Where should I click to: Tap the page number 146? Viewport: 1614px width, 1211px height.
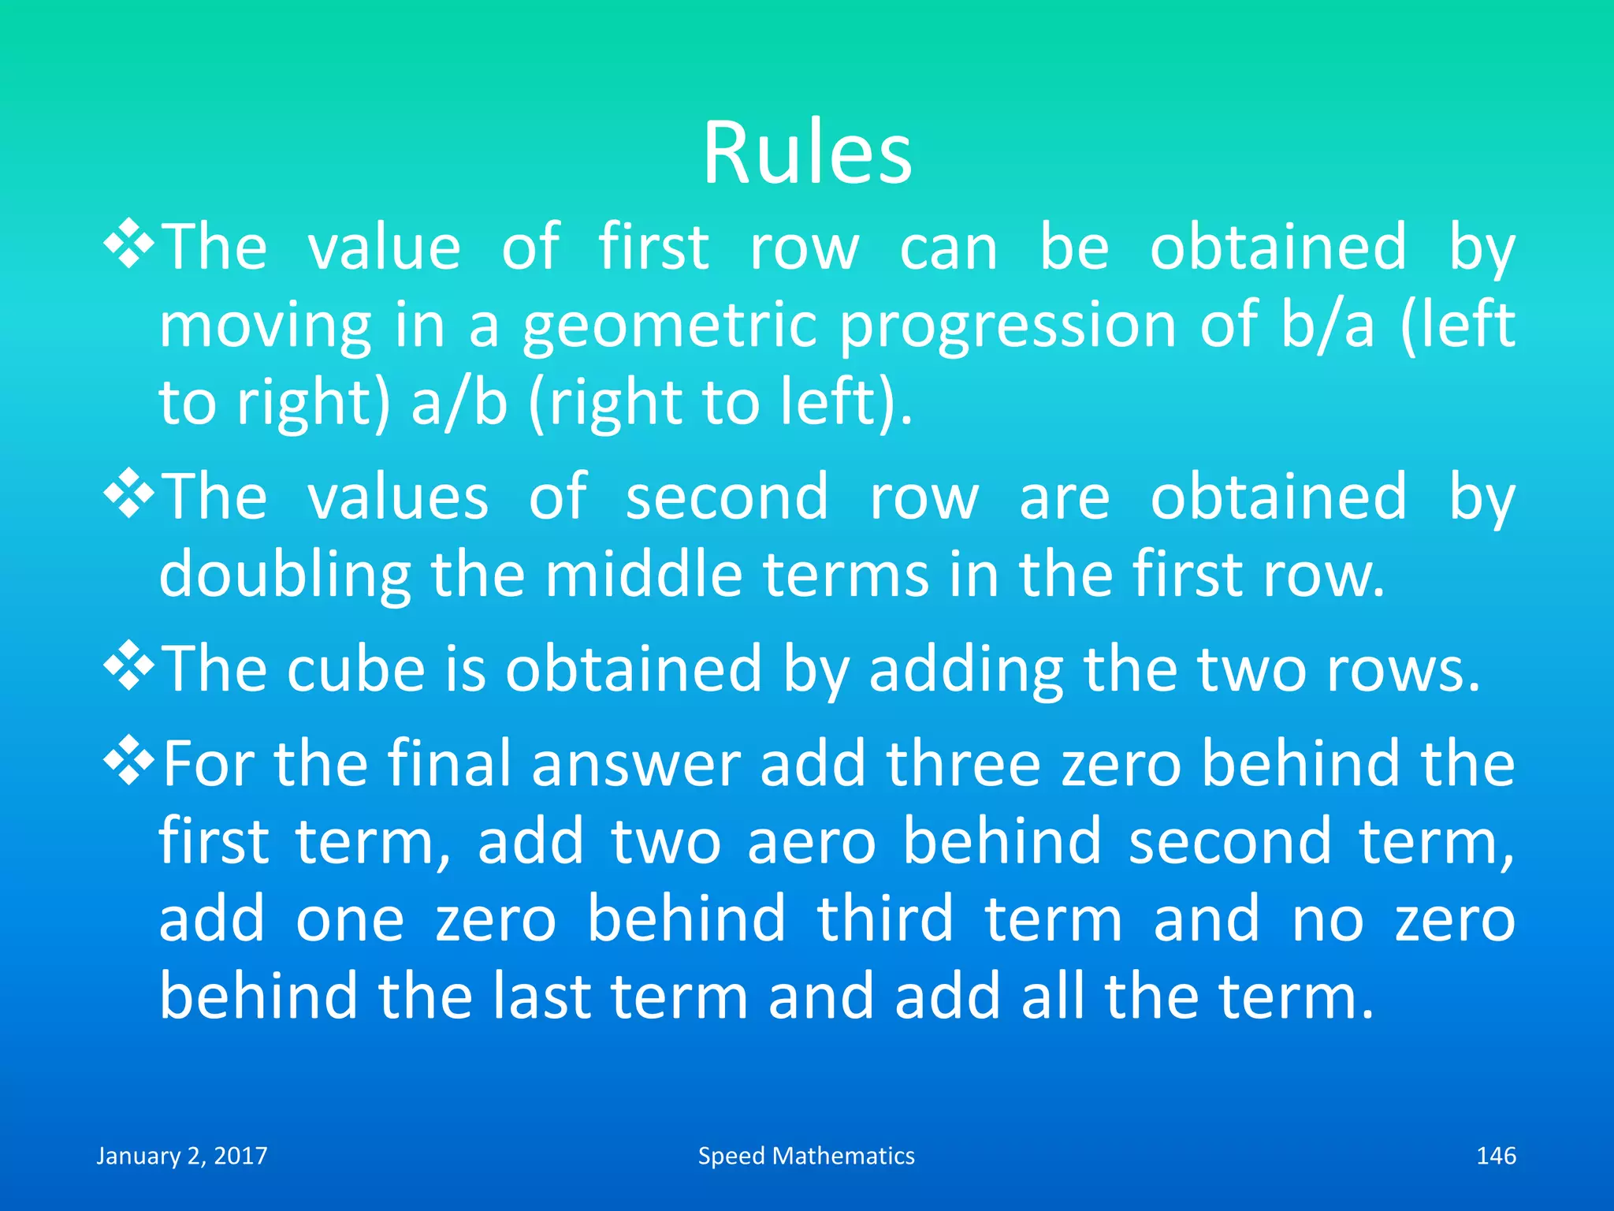pos(1495,1156)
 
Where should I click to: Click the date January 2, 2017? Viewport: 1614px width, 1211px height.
pos(182,1156)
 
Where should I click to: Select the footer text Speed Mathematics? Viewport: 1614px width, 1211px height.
pos(806,1156)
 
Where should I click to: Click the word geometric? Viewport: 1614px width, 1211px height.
pos(669,326)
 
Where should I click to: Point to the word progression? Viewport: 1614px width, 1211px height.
pos(1007,326)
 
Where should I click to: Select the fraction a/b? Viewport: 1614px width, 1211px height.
pos(459,402)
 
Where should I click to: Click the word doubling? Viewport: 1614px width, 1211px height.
pos(284,575)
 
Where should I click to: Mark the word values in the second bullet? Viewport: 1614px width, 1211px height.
pos(397,497)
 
